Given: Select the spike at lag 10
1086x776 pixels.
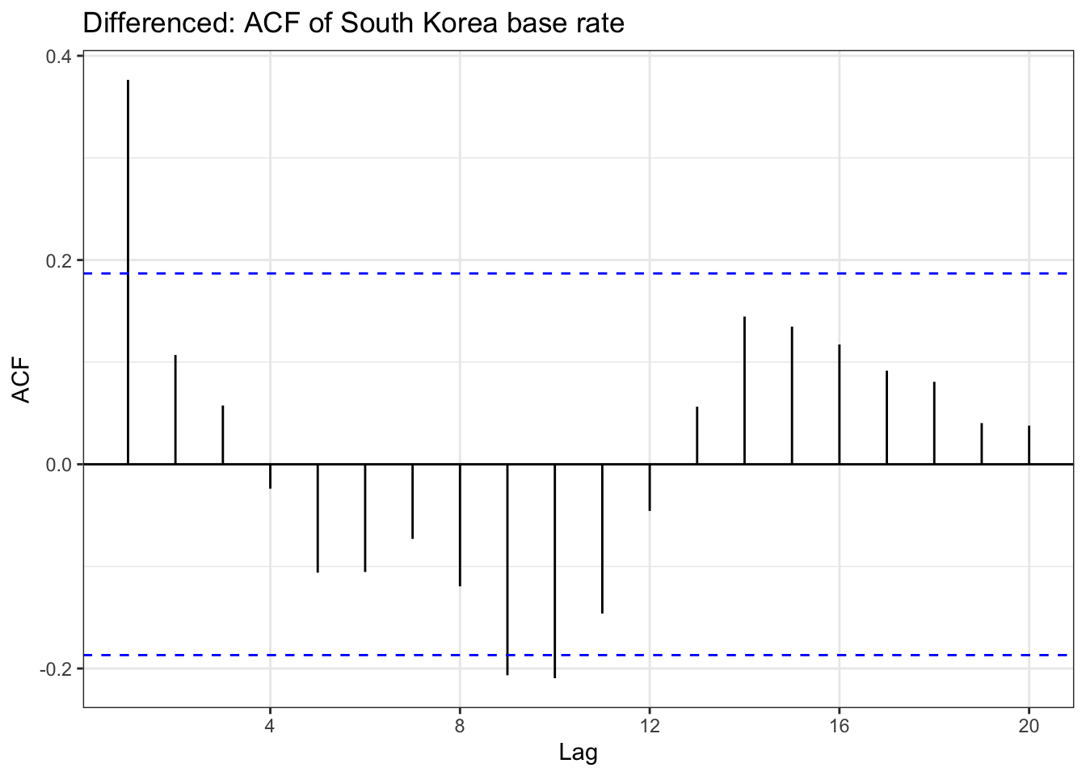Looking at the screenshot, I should pos(554,571).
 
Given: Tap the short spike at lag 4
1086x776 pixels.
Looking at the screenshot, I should pos(270,476).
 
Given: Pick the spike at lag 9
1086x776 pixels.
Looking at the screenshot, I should pos(507,569).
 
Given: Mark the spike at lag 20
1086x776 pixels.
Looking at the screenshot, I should pos(1029,445).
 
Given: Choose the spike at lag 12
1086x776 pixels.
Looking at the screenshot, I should pos(650,487).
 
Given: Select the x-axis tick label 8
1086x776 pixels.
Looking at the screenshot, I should pos(460,726).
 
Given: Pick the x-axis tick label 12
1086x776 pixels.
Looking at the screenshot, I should pos(650,726).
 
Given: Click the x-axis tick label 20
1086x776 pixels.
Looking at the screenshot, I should pos(1029,726).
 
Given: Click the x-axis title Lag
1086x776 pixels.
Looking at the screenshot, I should pos(579,753).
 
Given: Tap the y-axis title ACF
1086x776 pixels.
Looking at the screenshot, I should pos(22,380).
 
